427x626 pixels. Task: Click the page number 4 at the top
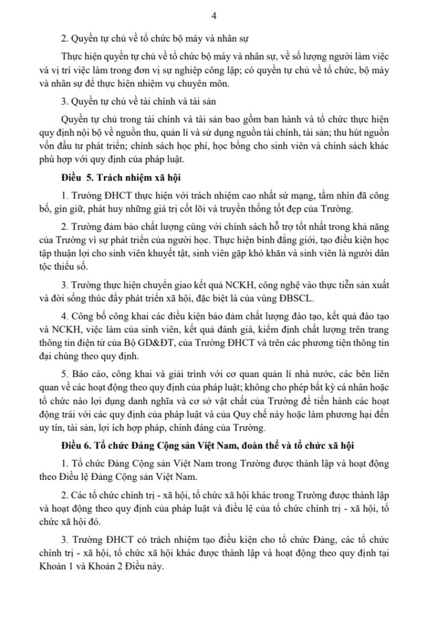point(213,15)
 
